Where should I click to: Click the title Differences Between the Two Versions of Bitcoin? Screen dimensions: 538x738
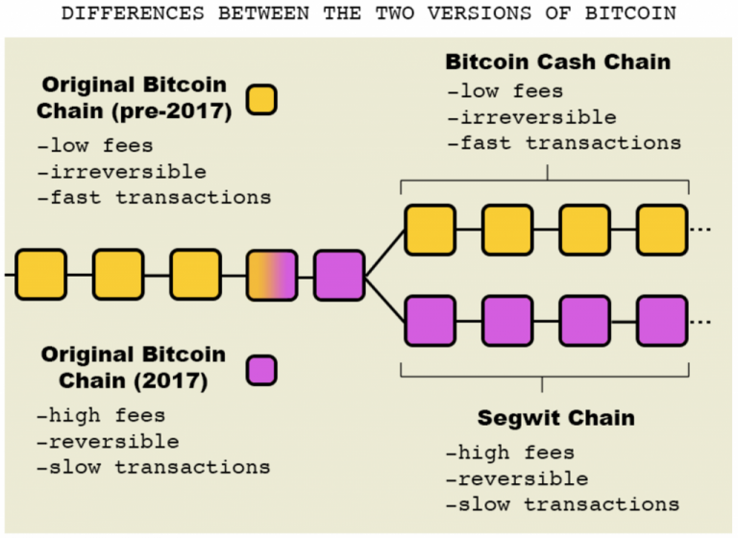coord(369,13)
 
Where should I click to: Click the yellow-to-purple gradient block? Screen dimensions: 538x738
coord(273,275)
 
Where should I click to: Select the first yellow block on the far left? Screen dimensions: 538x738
coord(40,275)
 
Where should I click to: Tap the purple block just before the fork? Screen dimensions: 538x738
coord(339,275)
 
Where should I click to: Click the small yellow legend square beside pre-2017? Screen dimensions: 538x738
coord(261,99)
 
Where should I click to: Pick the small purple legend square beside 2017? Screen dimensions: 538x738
coord(261,370)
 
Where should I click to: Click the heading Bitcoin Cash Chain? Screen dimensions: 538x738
coord(557,62)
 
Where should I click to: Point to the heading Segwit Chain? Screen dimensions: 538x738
coord(542,420)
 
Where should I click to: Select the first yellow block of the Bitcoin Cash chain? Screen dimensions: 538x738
coord(430,230)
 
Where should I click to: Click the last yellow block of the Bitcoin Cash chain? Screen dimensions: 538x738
coord(662,230)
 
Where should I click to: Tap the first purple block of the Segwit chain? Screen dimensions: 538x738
coord(430,321)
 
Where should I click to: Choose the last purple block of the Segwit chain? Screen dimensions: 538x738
coord(662,321)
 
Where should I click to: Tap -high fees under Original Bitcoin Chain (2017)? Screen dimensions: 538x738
coord(101,416)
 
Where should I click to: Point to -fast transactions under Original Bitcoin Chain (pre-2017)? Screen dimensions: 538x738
coord(154,198)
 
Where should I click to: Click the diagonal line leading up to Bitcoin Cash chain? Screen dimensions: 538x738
coord(384,253)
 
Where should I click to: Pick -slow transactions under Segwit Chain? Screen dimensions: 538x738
coord(562,504)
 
